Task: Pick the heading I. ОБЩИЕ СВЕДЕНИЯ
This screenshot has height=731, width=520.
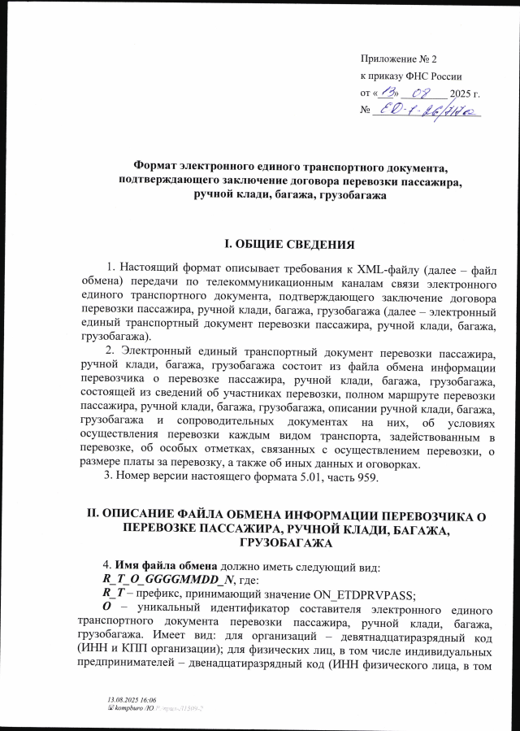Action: coord(288,243)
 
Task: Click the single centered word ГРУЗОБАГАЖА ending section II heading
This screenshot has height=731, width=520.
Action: coord(288,542)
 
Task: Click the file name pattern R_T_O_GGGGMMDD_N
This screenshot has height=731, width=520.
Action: coord(162,578)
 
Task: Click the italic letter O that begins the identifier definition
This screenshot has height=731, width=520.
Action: coord(106,607)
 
